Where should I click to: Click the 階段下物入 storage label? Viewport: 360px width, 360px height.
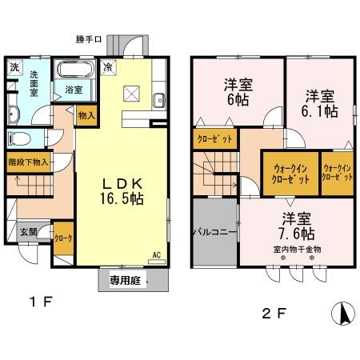28,161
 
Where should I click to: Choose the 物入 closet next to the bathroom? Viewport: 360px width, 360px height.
87,115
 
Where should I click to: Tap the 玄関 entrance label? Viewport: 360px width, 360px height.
30,232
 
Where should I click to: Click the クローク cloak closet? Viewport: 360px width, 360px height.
63,238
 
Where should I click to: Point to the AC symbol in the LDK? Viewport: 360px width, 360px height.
157,257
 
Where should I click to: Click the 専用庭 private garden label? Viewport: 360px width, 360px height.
126,281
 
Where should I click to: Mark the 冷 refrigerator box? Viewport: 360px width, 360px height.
108,67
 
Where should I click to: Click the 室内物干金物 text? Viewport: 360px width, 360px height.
295,249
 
